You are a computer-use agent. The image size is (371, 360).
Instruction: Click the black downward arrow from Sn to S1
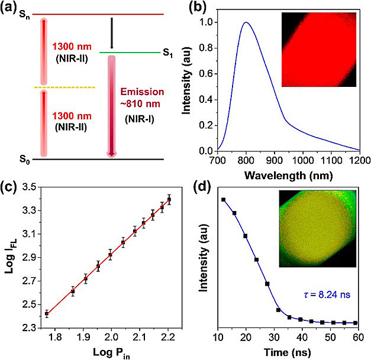[111, 33]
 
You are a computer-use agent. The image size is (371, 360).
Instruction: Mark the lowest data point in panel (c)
[46, 313]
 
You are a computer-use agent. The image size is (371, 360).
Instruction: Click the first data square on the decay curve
[224, 200]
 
